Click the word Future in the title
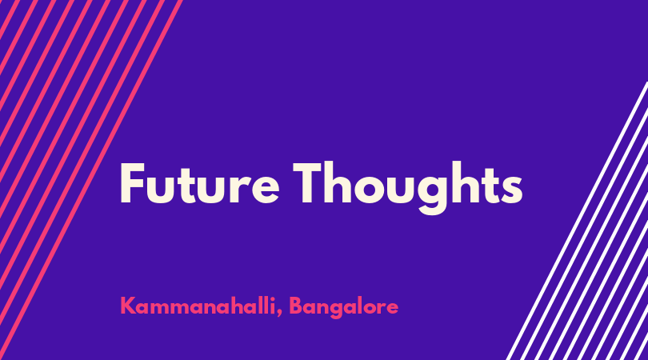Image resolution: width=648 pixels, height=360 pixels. pos(200,183)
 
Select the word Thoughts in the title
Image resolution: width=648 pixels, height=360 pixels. pos(408,188)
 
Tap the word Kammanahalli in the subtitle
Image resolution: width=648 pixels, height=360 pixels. pos(198,306)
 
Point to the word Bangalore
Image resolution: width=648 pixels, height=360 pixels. pos(343,308)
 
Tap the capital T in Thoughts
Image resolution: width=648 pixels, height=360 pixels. pos(307,183)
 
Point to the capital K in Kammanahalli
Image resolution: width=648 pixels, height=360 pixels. pos(128,306)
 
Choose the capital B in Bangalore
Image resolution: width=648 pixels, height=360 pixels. pos(296,306)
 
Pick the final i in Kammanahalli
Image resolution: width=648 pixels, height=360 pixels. pos(272,306)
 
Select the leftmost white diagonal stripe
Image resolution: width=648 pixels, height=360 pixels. pos(577,221)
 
